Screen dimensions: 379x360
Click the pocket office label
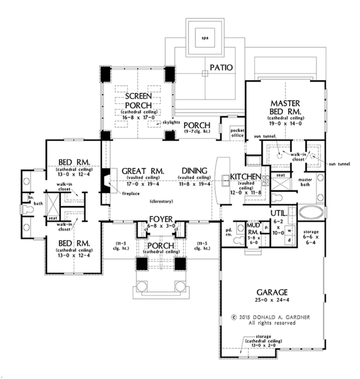click(236, 132)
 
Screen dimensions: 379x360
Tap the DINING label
click(193, 170)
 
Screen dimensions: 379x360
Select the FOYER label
click(160, 219)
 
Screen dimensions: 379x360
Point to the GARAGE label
click(272, 292)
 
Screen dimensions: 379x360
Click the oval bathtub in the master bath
click(311, 211)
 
